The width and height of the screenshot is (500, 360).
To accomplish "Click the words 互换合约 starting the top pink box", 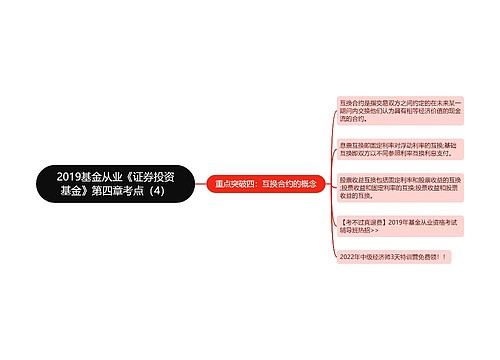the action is click(x=351, y=101).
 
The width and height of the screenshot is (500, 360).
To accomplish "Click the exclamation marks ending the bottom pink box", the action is click(x=439, y=255).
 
